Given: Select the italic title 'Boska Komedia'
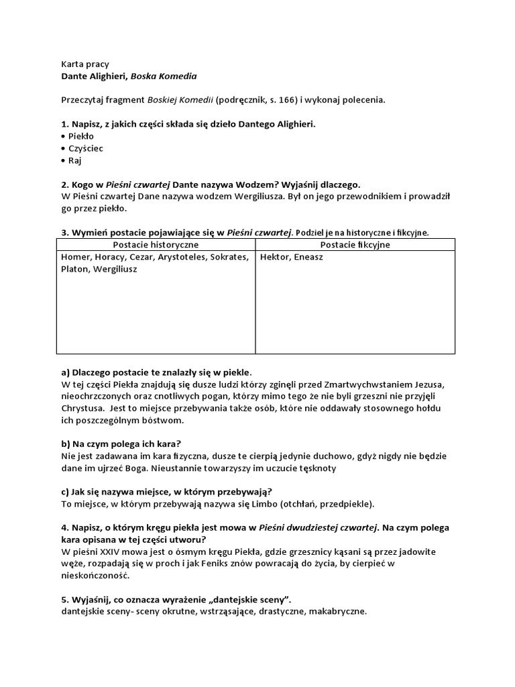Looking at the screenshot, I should pos(165,76).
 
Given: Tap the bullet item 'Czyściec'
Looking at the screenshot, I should pos(85,148).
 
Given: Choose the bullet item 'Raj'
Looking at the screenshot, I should pos(75,160).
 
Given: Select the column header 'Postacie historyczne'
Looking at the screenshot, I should pos(155,245).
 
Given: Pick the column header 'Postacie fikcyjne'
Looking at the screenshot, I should pos(355,245).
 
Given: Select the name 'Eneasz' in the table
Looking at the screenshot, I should pos(307,257).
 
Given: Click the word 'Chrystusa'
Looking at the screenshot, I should pos(82,407).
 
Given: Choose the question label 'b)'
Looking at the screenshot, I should pos(66,443).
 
